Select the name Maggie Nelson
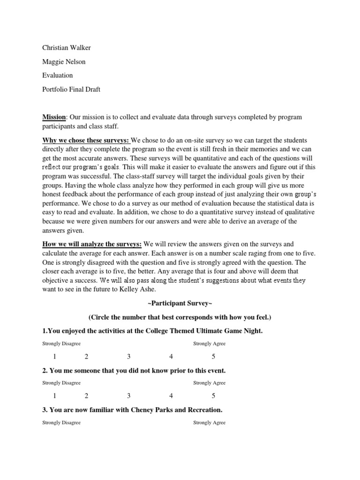click(64, 62)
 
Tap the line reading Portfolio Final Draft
click(71, 89)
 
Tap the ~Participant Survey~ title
click(180, 304)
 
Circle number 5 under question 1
click(213, 357)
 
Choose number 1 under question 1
click(55, 357)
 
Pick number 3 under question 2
click(128, 396)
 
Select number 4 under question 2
click(171, 396)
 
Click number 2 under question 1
click(87, 357)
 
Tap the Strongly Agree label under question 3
click(210, 422)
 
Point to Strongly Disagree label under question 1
click(61, 344)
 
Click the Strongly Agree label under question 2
click(210, 383)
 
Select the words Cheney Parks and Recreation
click(178, 410)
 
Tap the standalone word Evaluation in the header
click(58, 75)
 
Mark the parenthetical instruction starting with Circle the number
click(180, 317)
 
